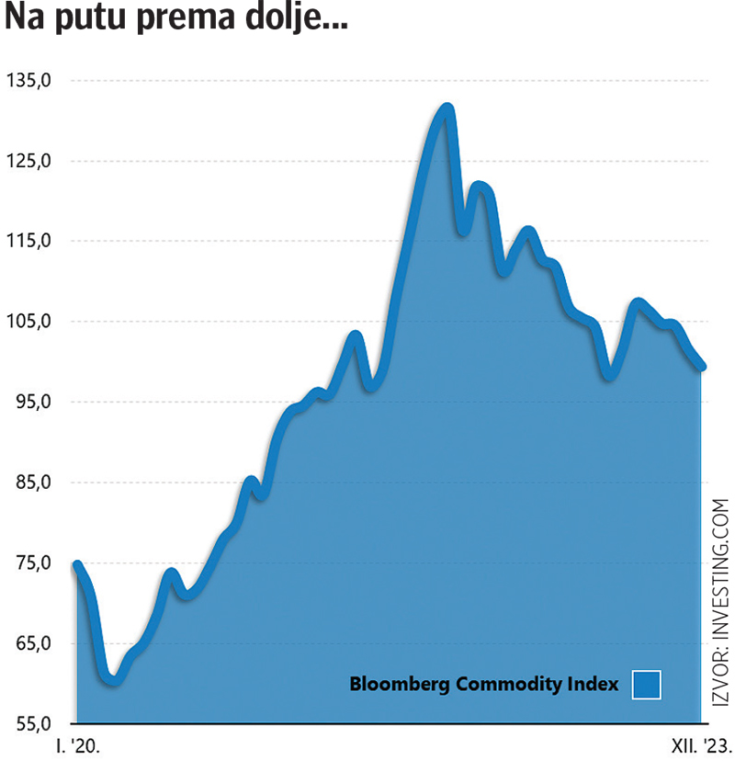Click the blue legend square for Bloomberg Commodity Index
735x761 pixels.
[647, 685]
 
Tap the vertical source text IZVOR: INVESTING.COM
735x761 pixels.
[720, 602]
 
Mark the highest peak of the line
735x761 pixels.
[447, 108]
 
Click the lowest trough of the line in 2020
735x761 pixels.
[112, 681]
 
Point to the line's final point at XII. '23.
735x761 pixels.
[702, 367]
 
